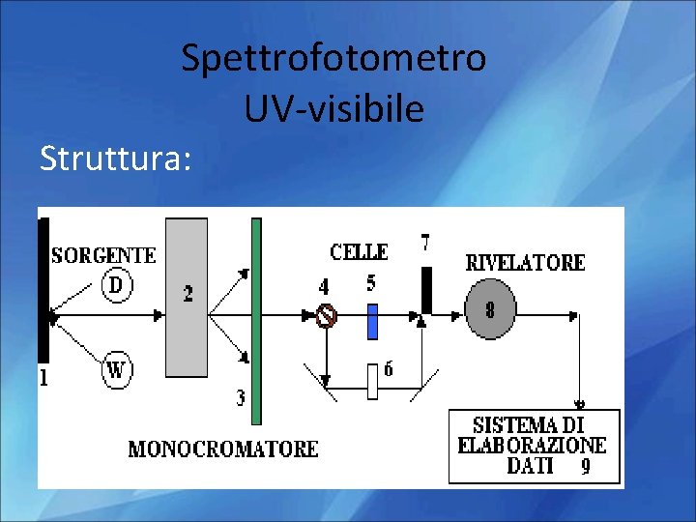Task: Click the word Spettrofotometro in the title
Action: [333, 60]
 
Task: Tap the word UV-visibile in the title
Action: [333, 110]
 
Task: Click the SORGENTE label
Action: [103, 255]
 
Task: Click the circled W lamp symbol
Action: [116, 369]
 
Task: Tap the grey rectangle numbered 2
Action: [187, 297]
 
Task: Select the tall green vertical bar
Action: [256, 321]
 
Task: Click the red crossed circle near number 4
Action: [327, 315]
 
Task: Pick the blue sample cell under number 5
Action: [372, 322]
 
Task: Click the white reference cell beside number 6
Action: [372, 382]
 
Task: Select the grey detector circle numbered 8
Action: [490, 310]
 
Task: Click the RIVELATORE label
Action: [525, 262]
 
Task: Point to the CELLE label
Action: [359, 252]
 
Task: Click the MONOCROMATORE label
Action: [223, 449]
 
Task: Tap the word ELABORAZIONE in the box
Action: [532, 445]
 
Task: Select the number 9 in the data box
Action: [586, 467]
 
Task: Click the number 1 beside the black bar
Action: [43, 378]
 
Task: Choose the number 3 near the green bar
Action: [240, 397]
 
